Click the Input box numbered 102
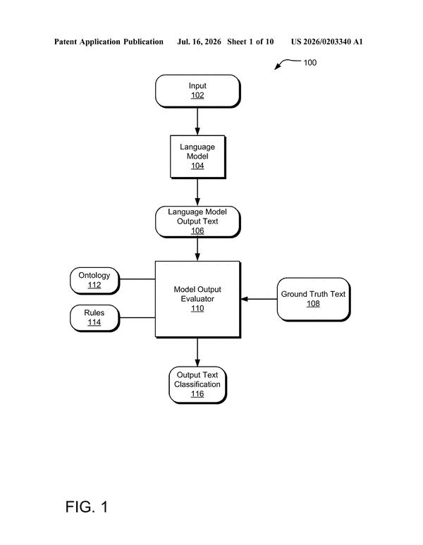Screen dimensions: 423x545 (197, 91)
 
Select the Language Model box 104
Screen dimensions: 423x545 (198, 157)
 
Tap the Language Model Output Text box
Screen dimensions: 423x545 (197, 222)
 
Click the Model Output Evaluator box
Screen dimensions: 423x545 (198, 299)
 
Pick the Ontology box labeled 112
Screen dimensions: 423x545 (94, 281)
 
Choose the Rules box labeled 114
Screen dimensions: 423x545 (94, 318)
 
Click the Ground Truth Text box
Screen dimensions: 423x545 (314, 299)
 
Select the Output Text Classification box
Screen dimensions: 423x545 (197, 385)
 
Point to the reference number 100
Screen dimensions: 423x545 (310, 63)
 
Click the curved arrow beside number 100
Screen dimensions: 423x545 (287, 62)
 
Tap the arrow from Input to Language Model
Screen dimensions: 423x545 (197, 121)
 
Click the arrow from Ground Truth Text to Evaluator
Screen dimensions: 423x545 (259, 299)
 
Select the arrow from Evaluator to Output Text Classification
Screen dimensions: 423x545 (197, 352)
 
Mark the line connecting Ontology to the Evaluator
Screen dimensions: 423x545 (137, 279)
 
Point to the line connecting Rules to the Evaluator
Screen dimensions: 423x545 (137, 318)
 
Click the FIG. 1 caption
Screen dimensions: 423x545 (87, 507)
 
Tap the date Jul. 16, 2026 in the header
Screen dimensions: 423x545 (199, 42)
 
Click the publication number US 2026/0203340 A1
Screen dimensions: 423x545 (326, 42)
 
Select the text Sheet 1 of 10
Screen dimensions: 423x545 (250, 42)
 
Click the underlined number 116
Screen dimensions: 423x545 (197, 394)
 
